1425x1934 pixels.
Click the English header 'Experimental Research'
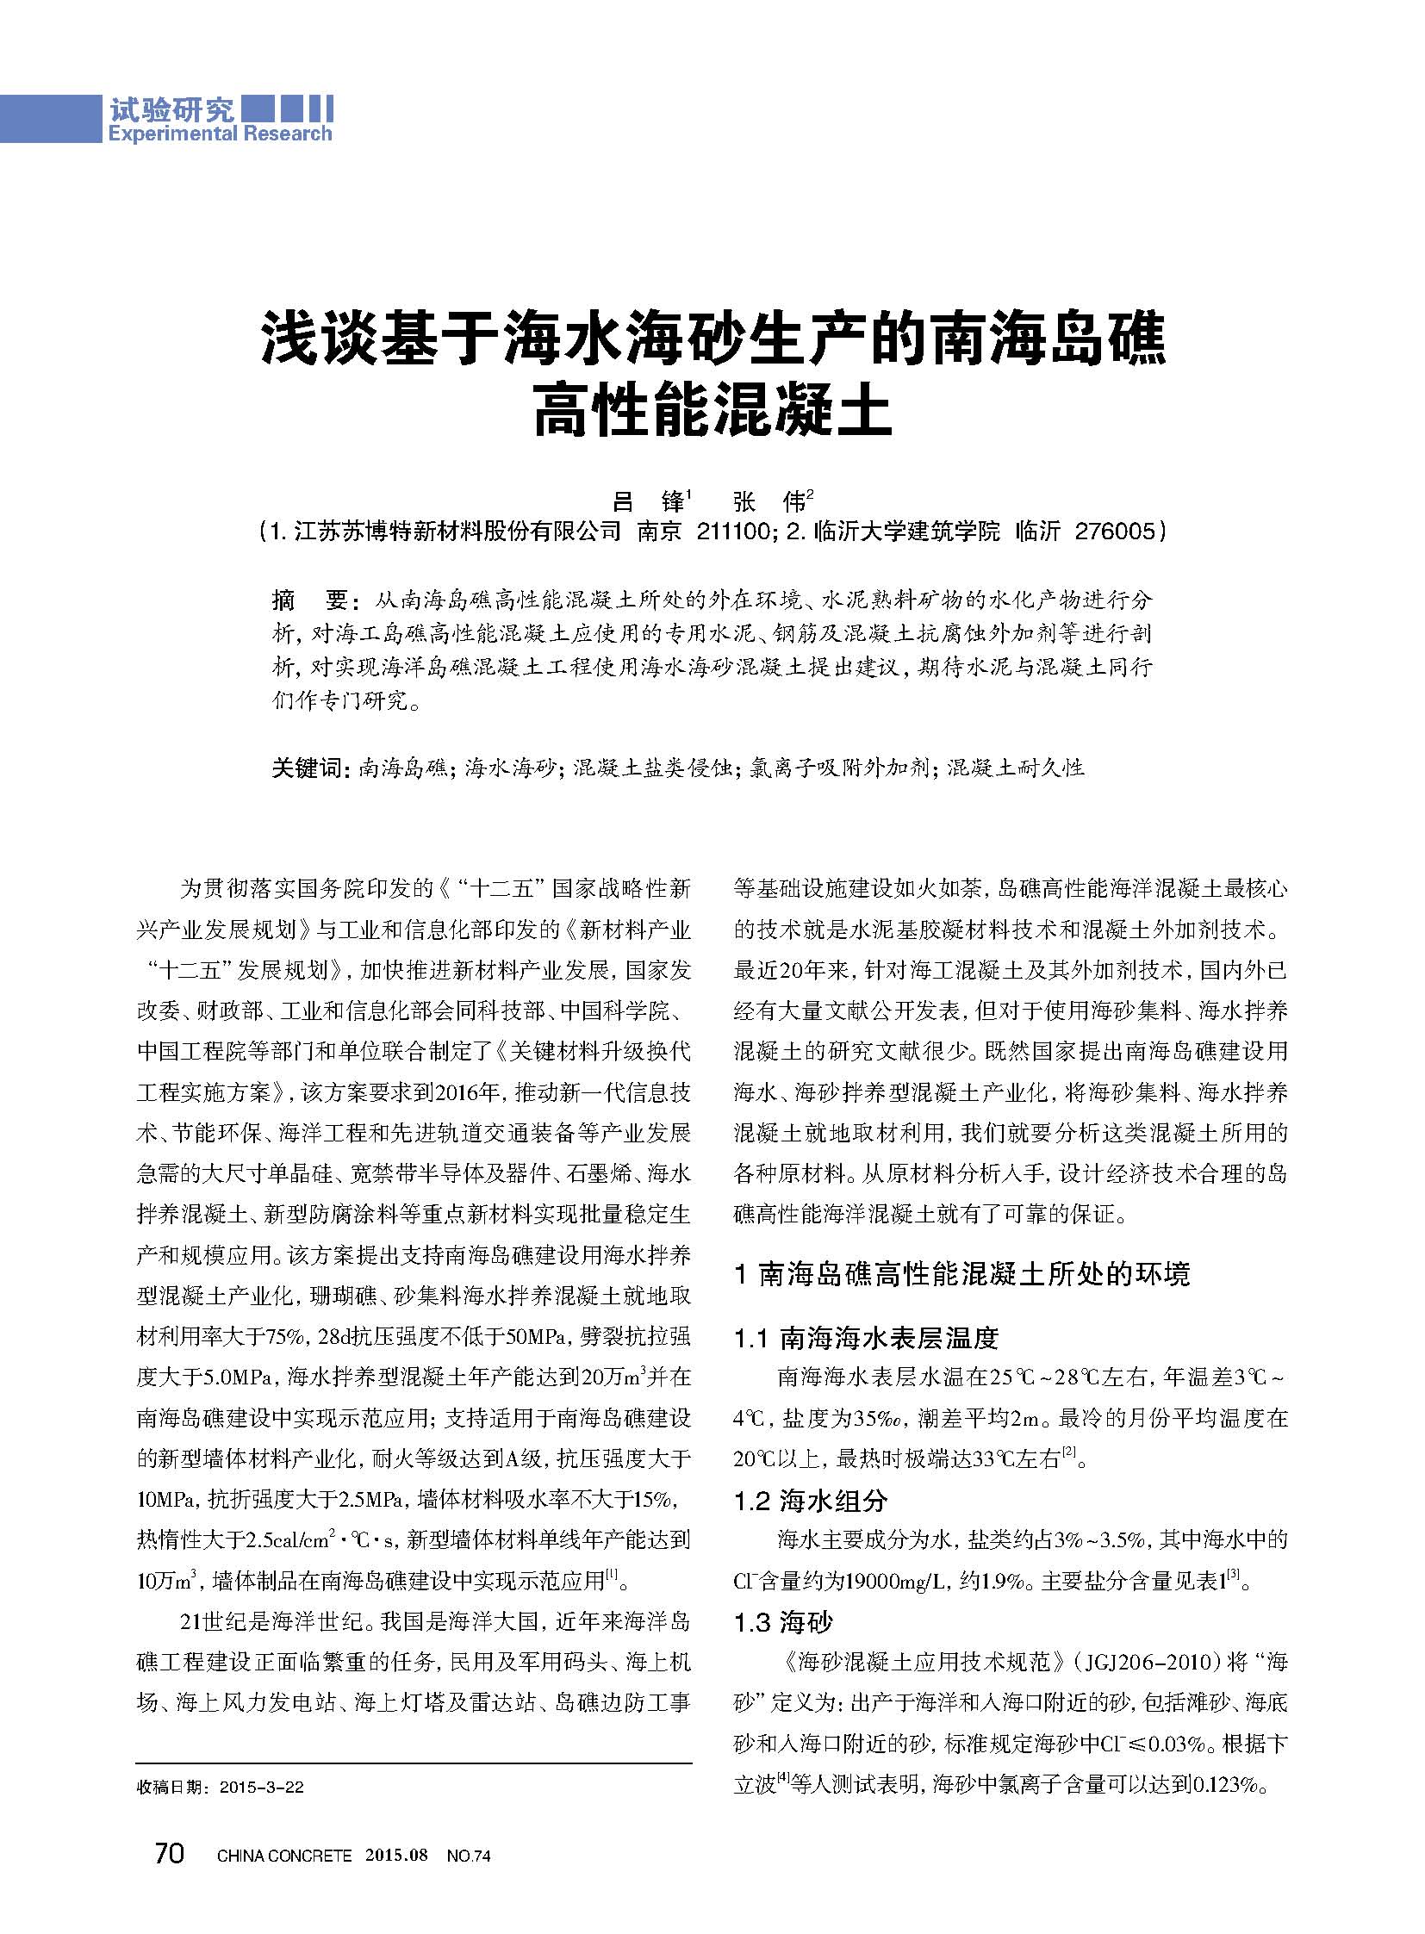(219, 134)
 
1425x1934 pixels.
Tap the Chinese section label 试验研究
(171, 109)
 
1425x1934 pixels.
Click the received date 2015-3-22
(260, 1788)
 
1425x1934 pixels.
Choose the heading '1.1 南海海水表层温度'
(866, 1338)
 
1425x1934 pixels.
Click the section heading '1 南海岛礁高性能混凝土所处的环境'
(961, 1275)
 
